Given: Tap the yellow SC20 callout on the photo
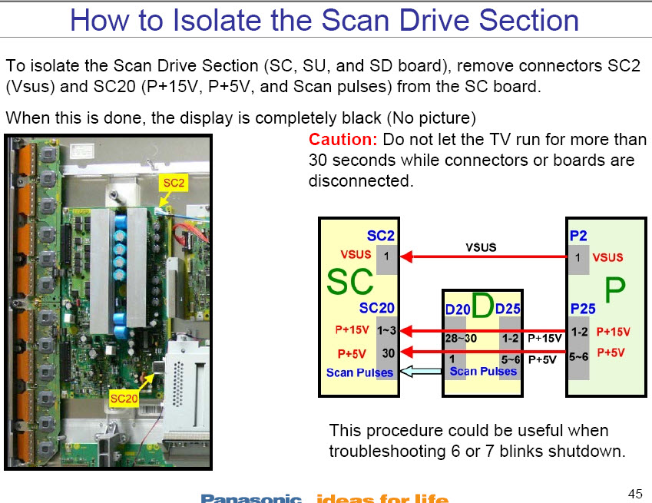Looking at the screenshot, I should click(124, 399).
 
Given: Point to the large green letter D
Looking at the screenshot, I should click(482, 306).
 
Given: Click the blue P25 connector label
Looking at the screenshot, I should click(583, 309).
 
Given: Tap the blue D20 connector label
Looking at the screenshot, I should click(458, 310).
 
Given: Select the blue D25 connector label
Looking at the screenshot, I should click(508, 309).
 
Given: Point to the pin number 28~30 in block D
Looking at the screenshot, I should click(461, 337).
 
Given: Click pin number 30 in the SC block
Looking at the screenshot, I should click(386, 353).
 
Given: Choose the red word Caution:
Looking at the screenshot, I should click(343, 140).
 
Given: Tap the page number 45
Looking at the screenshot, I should click(634, 492).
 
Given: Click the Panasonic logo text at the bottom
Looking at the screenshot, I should click(251, 498).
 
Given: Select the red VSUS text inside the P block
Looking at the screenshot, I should click(608, 257).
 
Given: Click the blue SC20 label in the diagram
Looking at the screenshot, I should click(376, 309).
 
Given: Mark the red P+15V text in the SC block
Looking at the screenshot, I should click(353, 331).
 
